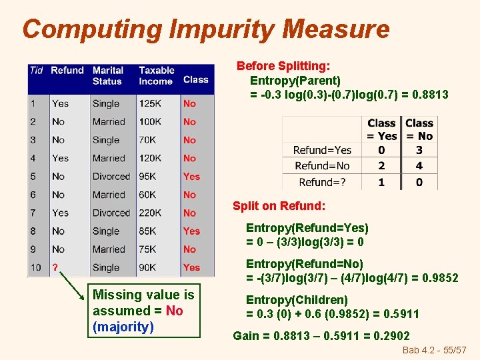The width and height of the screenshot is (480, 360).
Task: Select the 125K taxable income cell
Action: [x=151, y=103]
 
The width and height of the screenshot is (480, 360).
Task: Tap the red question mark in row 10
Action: [x=56, y=267]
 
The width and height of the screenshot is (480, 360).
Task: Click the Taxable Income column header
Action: [x=157, y=75]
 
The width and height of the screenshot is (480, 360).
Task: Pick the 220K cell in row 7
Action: [x=151, y=213]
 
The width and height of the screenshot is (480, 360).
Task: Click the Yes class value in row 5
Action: [x=191, y=177]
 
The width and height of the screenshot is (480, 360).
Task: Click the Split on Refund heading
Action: [x=279, y=206]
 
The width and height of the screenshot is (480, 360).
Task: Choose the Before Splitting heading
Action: [x=283, y=66]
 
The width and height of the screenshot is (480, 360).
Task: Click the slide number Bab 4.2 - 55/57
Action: [x=435, y=350]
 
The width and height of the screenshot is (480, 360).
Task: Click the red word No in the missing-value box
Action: [x=174, y=311]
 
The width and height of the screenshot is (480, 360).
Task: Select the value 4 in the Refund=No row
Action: [x=419, y=166]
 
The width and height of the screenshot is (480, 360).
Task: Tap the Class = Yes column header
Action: [x=381, y=129]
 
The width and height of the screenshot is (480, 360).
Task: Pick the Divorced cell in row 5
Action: [x=111, y=177]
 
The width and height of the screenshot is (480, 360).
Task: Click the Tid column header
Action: [x=37, y=70]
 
